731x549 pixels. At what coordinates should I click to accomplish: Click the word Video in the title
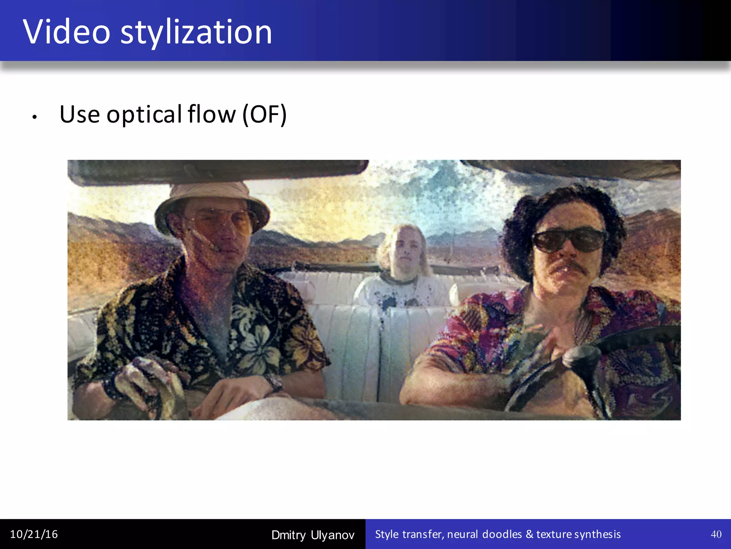click(x=67, y=32)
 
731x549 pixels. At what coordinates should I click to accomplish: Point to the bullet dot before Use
click(x=34, y=117)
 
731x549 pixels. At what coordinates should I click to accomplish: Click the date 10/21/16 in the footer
click(x=34, y=534)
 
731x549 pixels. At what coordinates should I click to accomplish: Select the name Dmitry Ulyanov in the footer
click(x=313, y=535)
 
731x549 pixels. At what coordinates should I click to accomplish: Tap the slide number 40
click(x=716, y=534)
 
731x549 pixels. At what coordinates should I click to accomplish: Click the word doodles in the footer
click(x=502, y=534)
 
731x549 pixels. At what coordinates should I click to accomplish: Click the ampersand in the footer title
click(x=529, y=534)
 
